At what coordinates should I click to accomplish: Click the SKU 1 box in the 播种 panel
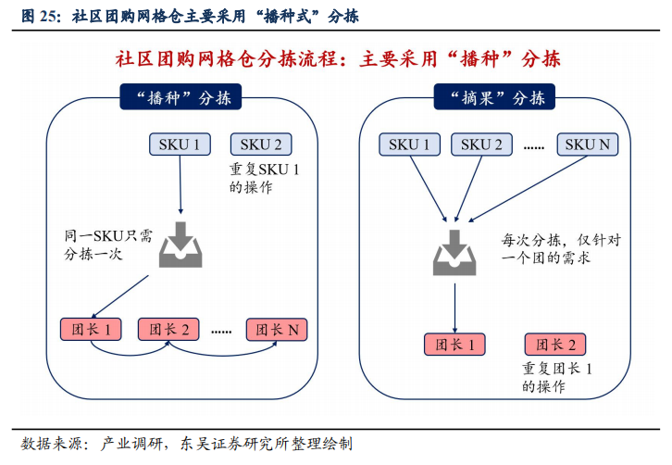[x=180, y=144]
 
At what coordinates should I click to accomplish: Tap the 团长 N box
[x=277, y=329]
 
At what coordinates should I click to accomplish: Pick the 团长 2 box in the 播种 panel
[x=169, y=329]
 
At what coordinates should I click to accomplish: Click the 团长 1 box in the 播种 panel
[x=90, y=329]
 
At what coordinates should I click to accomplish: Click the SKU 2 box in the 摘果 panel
[x=481, y=144]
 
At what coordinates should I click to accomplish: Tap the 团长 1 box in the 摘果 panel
[x=454, y=345]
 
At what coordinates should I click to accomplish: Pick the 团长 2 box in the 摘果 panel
[x=555, y=345]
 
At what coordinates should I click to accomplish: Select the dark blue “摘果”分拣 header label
[x=496, y=97]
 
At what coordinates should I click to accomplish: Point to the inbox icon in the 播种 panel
[x=180, y=245]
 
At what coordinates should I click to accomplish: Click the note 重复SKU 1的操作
[x=261, y=179]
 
